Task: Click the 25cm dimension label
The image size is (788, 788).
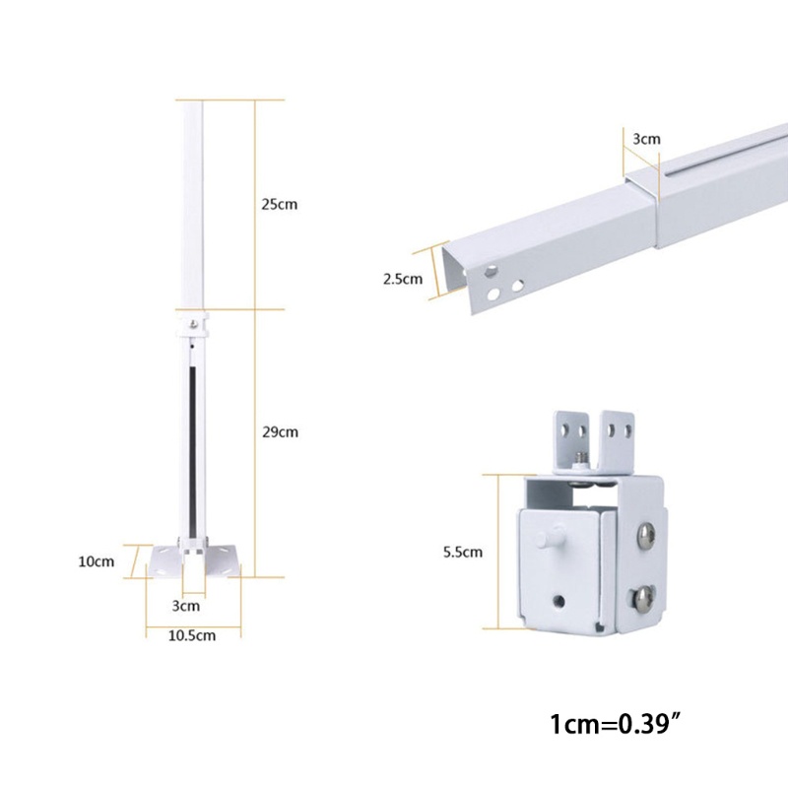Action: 279,205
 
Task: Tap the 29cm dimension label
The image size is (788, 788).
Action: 279,431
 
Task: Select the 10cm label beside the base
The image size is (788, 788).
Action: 97,561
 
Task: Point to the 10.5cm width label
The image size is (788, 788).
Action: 193,635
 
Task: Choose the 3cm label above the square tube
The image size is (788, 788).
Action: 645,139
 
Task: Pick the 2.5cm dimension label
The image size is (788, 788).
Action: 402,279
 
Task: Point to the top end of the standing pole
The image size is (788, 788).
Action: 192,102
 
